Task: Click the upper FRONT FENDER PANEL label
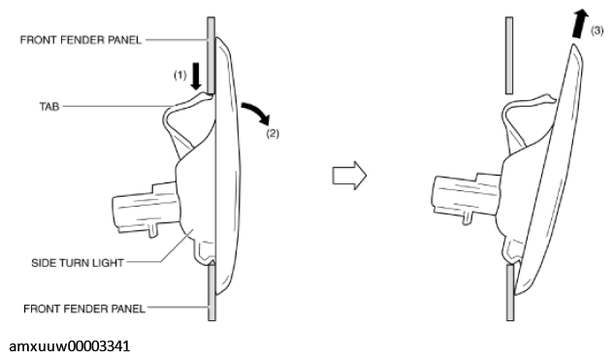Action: [x=81, y=40]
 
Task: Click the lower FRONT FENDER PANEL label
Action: [x=84, y=309]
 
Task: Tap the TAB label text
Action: [x=49, y=107]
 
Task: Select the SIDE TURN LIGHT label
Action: [x=78, y=263]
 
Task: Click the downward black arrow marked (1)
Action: [x=196, y=76]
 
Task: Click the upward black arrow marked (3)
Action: [x=580, y=24]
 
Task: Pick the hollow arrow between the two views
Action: [x=349, y=176]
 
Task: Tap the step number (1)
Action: [x=180, y=75]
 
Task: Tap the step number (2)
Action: [x=273, y=134]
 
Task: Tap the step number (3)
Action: [x=597, y=30]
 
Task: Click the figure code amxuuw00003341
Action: [x=69, y=346]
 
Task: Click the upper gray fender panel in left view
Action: [x=211, y=55]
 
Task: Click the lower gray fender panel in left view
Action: [x=211, y=292]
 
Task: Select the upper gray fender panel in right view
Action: [x=509, y=55]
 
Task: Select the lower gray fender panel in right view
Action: [x=510, y=293]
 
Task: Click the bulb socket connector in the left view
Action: [x=146, y=210]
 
